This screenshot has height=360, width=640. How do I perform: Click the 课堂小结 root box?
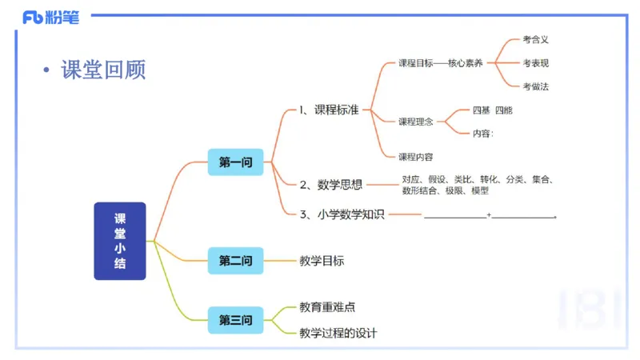pyautogui.click(x=120, y=241)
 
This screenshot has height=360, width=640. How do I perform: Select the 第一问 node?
pyautogui.click(x=235, y=162)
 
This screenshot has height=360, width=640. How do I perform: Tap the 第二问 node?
pyautogui.click(x=235, y=261)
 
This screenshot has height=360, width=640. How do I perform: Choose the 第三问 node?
pyautogui.click(x=235, y=321)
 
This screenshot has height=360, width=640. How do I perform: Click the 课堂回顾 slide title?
pyautogui.click(x=103, y=70)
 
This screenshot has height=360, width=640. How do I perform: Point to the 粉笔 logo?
pyautogui.click(x=51, y=18)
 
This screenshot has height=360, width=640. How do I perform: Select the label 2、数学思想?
pyautogui.click(x=331, y=185)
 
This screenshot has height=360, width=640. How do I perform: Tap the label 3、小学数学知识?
pyautogui.click(x=342, y=214)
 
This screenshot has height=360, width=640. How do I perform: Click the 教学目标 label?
pyautogui.click(x=322, y=261)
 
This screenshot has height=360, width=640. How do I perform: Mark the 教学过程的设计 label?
pyautogui.click(x=338, y=333)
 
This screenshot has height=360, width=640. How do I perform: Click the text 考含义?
pyautogui.click(x=535, y=38)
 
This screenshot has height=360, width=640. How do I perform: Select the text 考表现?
pyautogui.click(x=535, y=62)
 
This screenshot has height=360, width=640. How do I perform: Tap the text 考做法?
pyautogui.click(x=535, y=86)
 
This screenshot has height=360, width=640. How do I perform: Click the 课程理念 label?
pyautogui.click(x=416, y=122)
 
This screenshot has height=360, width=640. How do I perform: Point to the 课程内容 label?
pyautogui.click(x=416, y=156)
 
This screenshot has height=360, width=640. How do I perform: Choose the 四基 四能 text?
pyautogui.click(x=492, y=110)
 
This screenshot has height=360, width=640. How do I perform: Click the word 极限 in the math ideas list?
pyautogui.click(x=457, y=191)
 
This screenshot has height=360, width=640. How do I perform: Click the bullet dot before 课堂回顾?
pyautogui.click(x=46, y=71)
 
